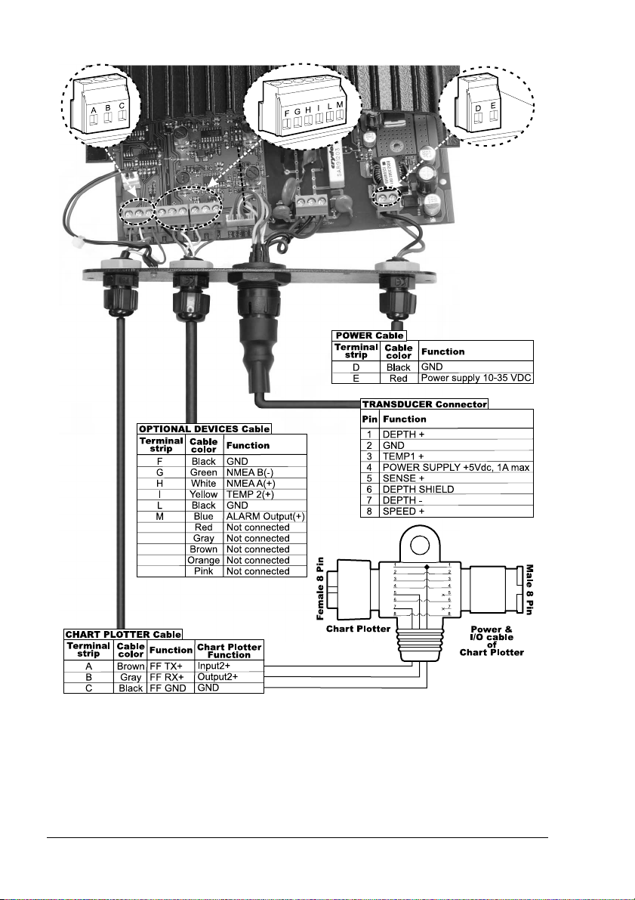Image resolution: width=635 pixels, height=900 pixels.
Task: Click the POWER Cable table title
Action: point(368,335)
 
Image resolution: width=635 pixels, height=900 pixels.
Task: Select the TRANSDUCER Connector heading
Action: point(424,404)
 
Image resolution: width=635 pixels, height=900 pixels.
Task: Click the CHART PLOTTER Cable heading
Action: point(123,633)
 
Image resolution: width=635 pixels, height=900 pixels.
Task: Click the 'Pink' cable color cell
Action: point(203,571)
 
